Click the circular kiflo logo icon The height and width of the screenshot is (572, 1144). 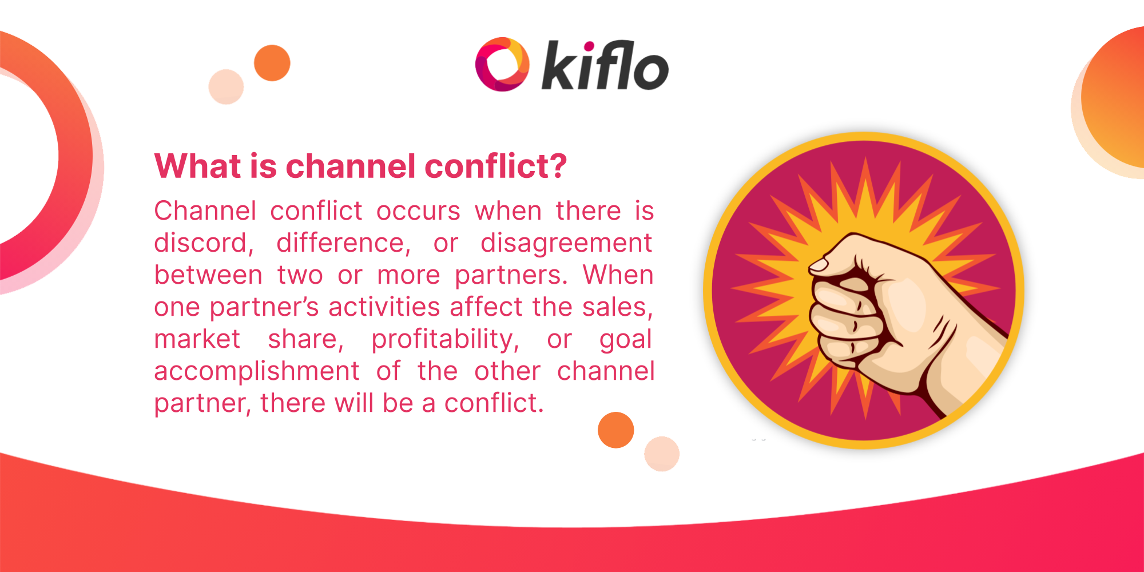tap(502, 64)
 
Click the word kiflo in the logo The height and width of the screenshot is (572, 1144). tap(605, 66)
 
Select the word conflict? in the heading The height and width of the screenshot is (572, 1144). tap(495, 166)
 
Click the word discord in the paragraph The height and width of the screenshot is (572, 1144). tap(203, 243)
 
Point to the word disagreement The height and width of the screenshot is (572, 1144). tap(566, 243)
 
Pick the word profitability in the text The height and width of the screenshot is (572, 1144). tap(444, 339)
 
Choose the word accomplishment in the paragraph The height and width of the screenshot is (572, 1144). tap(257, 371)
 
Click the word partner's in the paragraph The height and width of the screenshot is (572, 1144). tap(264, 307)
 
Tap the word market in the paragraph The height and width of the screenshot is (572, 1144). tap(197, 339)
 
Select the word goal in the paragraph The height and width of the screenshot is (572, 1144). tap(625, 339)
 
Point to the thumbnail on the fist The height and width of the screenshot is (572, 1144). tap(819, 265)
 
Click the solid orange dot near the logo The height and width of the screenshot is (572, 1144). tap(272, 63)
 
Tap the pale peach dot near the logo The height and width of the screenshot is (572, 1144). tap(226, 87)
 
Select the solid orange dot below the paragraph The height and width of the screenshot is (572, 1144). tap(615, 430)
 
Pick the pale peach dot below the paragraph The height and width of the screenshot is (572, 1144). tap(662, 454)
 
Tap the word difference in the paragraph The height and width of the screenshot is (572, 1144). tap(343, 243)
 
